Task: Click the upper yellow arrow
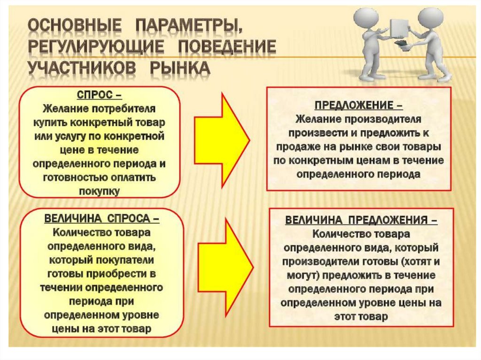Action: coord(221,138)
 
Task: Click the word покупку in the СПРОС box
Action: coord(99,191)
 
